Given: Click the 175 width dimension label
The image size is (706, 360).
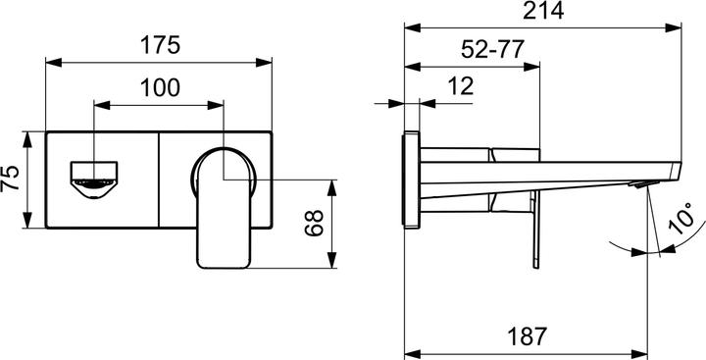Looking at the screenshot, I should click(159, 45).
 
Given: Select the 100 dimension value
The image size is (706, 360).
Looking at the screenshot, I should click(159, 87).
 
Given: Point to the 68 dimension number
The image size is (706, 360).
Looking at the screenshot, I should click(314, 224).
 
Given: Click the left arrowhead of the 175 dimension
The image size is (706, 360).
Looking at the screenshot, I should click(51, 63).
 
